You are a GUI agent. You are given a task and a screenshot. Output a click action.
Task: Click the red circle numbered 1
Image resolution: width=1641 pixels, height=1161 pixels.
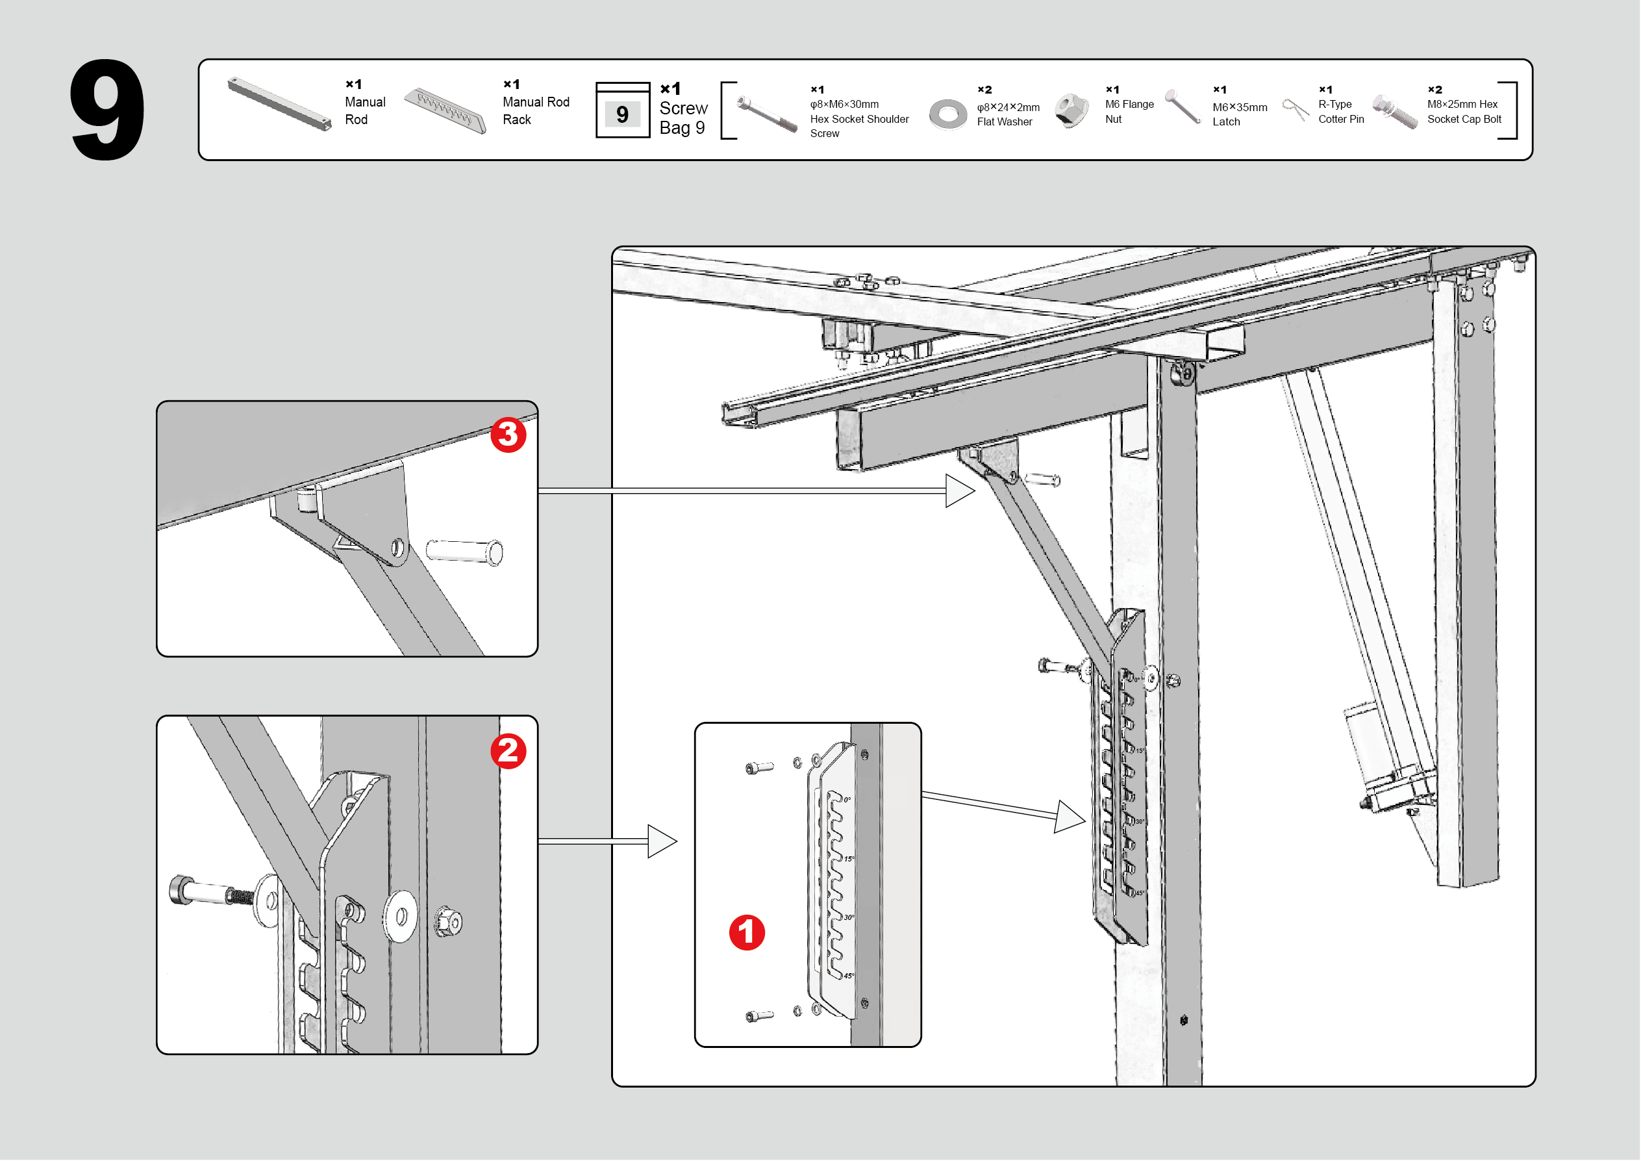[746, 932]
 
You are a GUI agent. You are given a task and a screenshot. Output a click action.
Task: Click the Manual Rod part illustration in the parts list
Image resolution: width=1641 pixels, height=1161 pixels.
[279, 105]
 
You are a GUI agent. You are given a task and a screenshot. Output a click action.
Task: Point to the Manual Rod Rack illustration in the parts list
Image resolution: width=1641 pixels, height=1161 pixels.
[445, 110]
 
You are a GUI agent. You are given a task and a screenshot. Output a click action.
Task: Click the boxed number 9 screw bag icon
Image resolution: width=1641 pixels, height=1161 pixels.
[623, 112]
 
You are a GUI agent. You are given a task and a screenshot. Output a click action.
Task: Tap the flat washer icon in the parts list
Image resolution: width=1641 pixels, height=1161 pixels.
[947, 114]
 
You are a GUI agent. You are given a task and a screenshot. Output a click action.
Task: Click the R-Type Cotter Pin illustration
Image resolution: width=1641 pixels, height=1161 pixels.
[1295, 109]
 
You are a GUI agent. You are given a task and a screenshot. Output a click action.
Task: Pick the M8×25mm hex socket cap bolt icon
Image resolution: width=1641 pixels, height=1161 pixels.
[1394, 112]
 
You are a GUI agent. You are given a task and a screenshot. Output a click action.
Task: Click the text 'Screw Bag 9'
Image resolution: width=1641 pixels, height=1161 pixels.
[683, 118]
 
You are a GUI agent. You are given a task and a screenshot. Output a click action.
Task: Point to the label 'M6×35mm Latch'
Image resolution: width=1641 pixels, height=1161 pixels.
[1239, 114]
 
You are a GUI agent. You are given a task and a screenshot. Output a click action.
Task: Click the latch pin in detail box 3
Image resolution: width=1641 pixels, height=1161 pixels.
[464, 551]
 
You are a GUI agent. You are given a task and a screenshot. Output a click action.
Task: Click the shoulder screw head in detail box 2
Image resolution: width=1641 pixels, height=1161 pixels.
[180, 890]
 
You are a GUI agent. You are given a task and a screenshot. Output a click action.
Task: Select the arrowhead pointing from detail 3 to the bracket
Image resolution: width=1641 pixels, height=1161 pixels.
[959, 491]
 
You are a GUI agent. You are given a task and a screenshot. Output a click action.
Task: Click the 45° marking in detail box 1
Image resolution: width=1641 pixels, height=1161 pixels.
[848, 976]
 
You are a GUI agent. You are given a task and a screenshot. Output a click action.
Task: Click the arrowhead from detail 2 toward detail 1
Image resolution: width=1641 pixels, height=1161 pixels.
[661, 841]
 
